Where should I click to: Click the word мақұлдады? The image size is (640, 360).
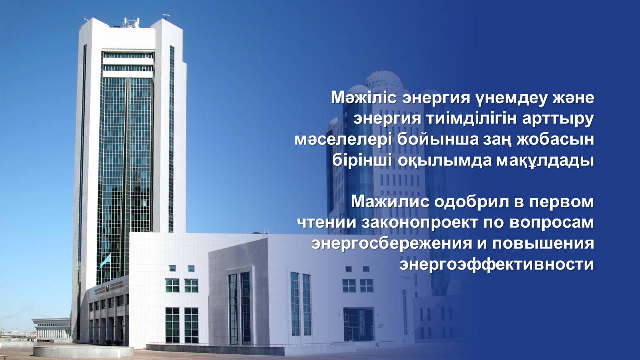[544, 161]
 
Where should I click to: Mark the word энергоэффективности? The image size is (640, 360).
[496, 264]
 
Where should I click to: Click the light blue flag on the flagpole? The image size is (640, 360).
[105, 260]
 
